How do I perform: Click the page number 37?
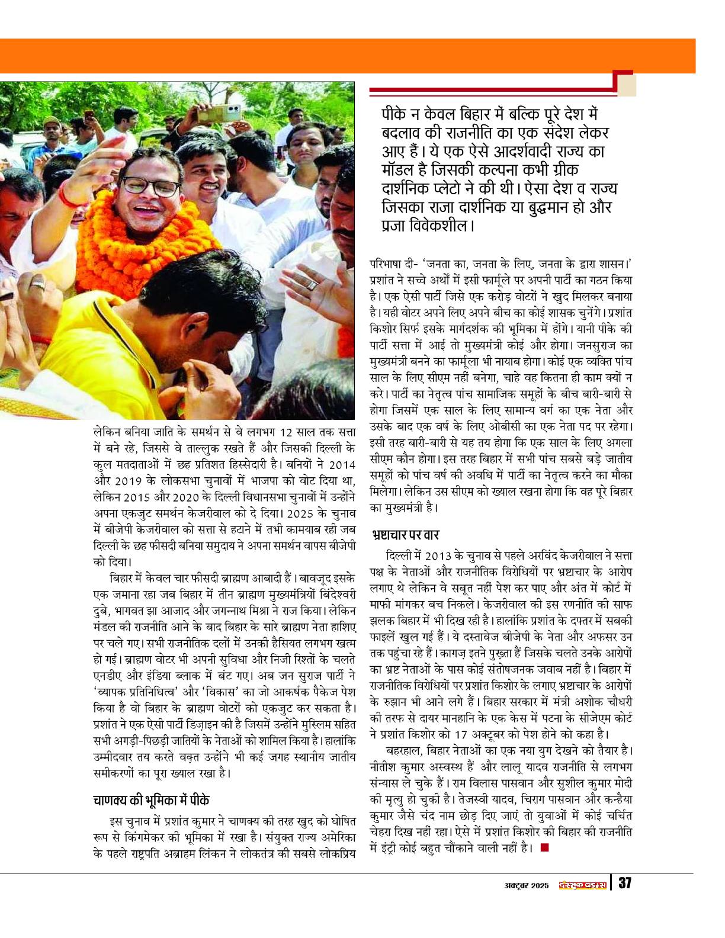tap(625, 884)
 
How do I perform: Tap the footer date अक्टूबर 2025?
tap(524, 885)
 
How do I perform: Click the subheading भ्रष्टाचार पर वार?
tap(405, 535)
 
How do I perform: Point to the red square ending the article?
tap(544, 848)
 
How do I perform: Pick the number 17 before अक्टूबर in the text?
tap(461, 735)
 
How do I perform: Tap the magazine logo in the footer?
tap(583, 885)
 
